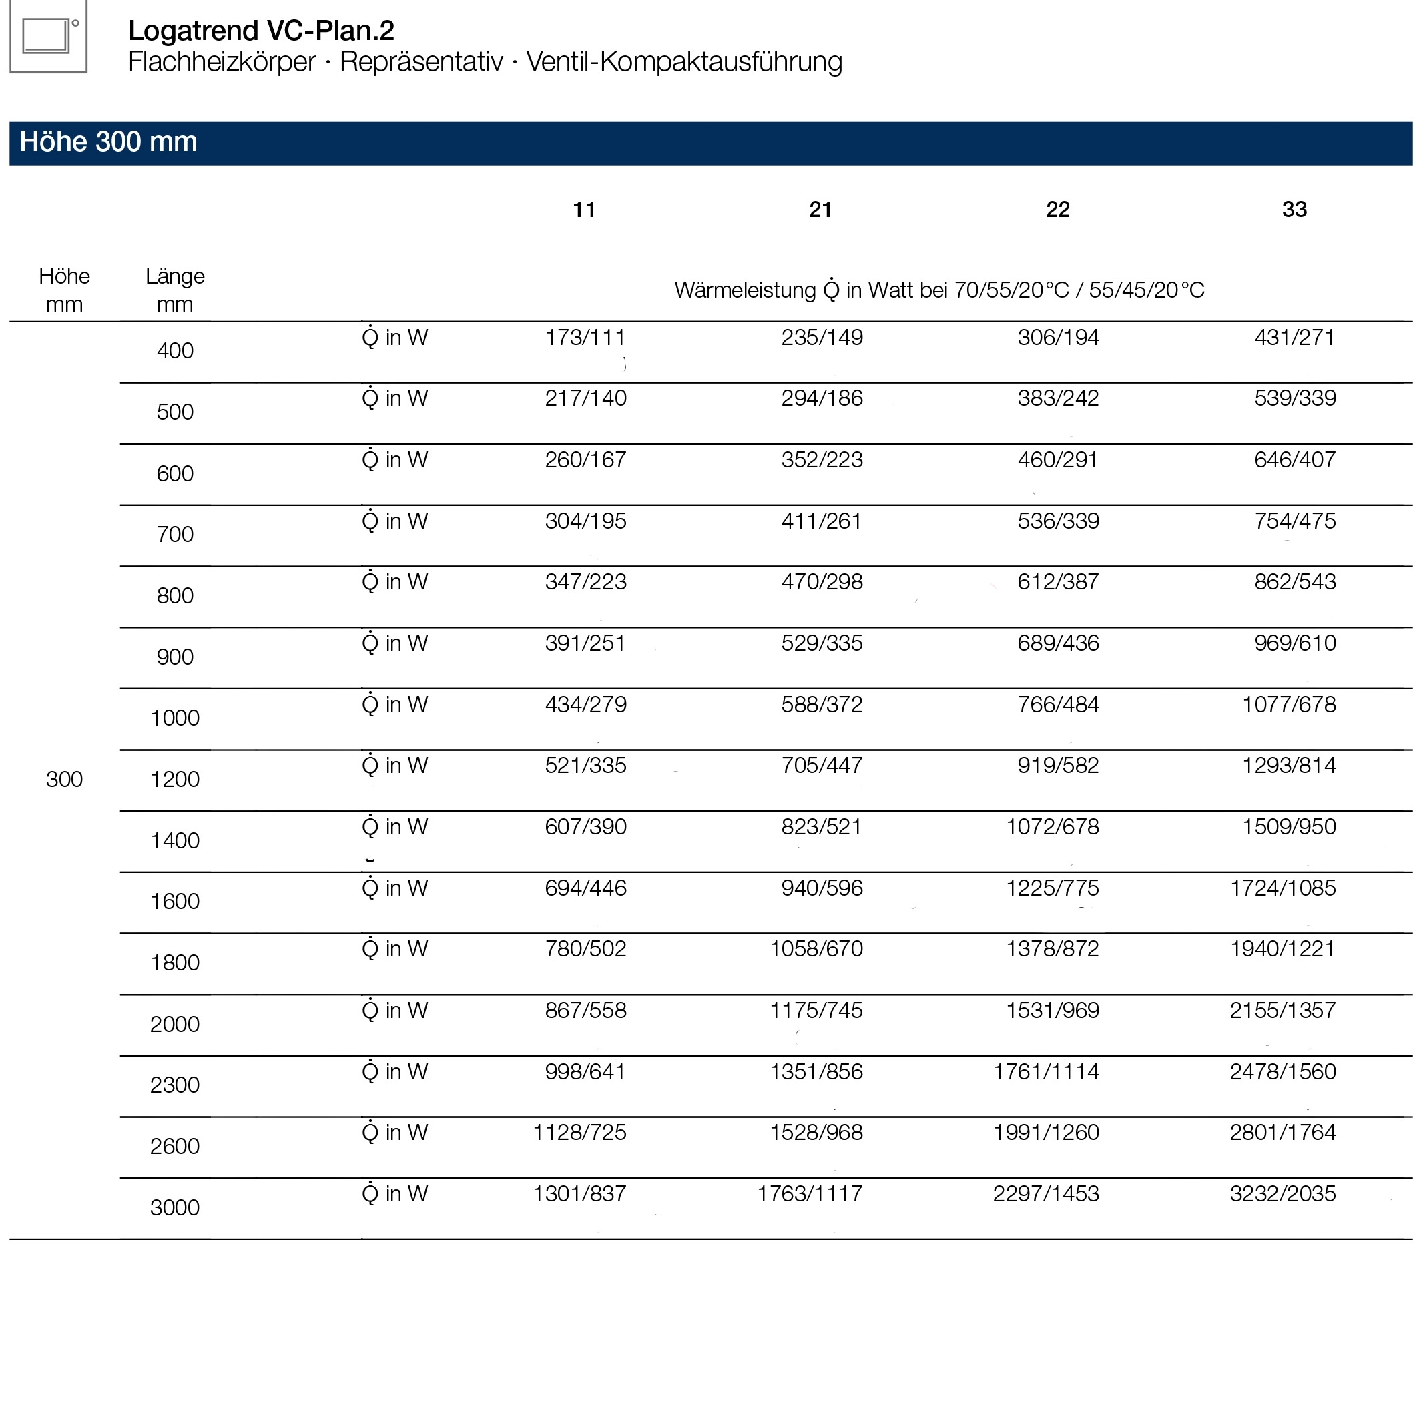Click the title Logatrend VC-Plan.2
(261, 30)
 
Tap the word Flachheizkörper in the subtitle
(222, 61)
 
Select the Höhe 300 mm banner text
(108, 141)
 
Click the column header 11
(584, 210)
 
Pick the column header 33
(1294, 210)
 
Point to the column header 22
(1058, 210)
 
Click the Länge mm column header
(175, 290)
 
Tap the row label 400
(175, 350)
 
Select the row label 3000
(175, 1207)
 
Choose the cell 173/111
(585, 337)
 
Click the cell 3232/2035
(1282, 1193)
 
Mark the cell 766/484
(1058, 704)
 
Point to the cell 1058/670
(816, 949)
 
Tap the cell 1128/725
(579, 1133)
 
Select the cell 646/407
(1294, 460)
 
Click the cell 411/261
(821, 521)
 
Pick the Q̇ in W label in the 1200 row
(394, 766)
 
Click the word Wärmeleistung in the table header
(745, 290)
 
